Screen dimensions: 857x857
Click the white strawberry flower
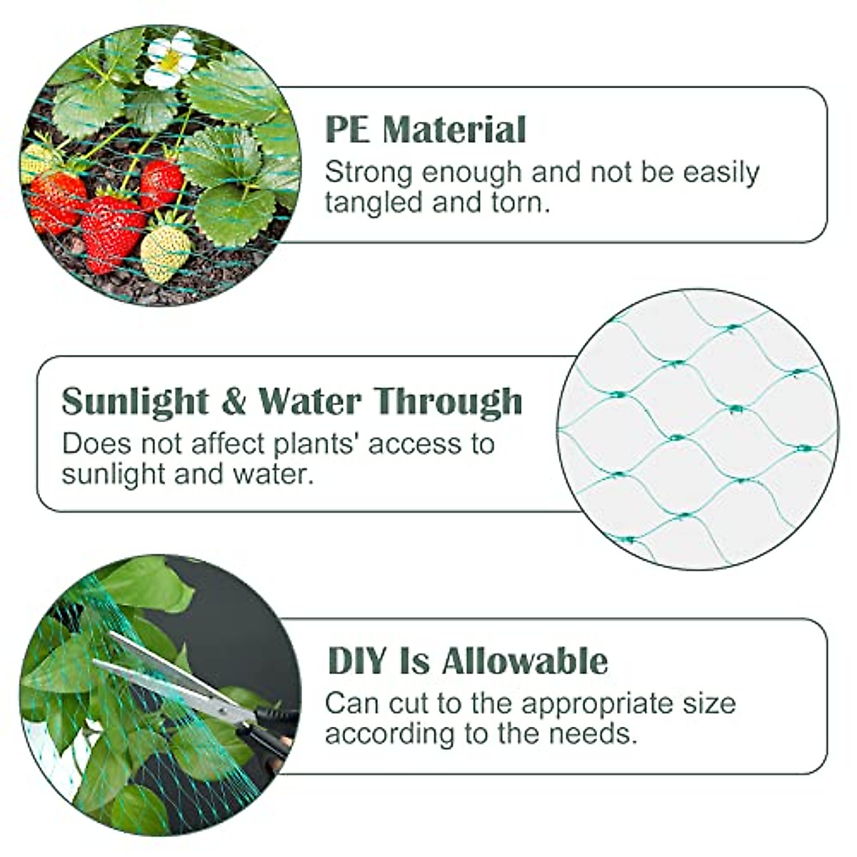(170, 59)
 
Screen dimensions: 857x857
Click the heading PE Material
(426, 130)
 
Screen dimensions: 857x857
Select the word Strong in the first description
(369, 173)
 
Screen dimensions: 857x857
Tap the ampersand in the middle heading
(233, 401)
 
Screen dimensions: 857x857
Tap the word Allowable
(524, 661)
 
